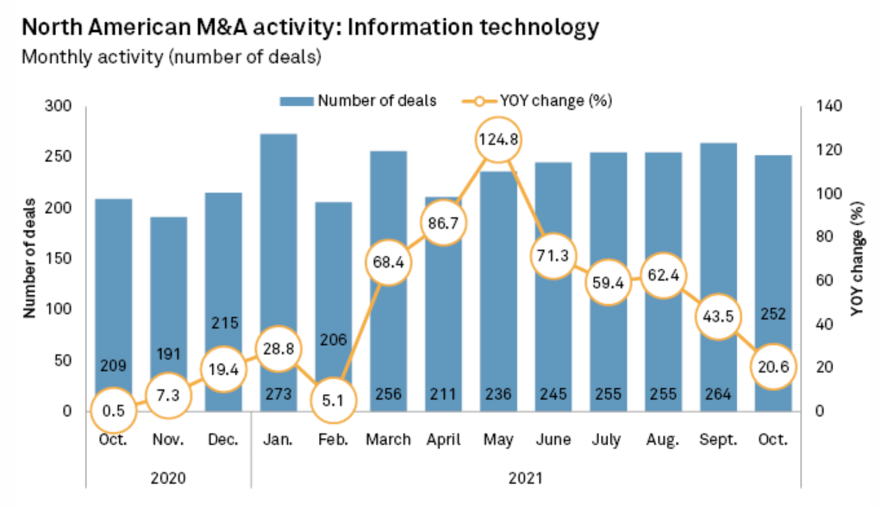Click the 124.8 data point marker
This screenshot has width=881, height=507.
pos(498,140)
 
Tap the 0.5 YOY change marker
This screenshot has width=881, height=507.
pos(114,411)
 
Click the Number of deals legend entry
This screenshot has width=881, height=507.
pos(358,100)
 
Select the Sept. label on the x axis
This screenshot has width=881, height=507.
pos(718,440)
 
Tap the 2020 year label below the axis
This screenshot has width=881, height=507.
pos(168,475)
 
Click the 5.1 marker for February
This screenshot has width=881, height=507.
pos(333,399)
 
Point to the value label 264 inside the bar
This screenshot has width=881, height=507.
pos(718,394)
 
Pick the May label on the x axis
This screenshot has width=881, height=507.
pos(498,440)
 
